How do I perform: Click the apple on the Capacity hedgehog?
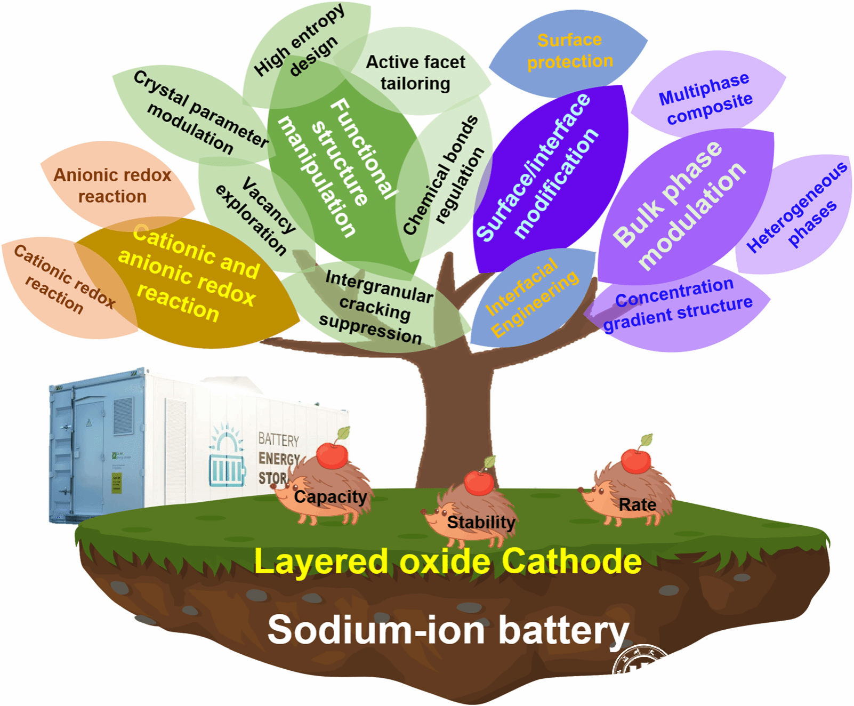tap(332, 455)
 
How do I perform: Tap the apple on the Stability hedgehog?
tap(479, 482)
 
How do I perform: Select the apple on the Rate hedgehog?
tap(635, 461)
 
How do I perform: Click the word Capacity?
tap(331, 497)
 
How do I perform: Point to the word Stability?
tap(481, 522)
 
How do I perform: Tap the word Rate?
tap(638, 504)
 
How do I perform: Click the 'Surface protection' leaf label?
tap(569, 51)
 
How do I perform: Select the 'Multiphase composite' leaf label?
tap(705, 99)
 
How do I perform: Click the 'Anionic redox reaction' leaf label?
tap(112, 186)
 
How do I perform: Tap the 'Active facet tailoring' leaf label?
tap(415, 73)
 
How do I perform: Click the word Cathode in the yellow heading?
tap(571, 561)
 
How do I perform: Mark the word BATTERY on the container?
tap(278, 440)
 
